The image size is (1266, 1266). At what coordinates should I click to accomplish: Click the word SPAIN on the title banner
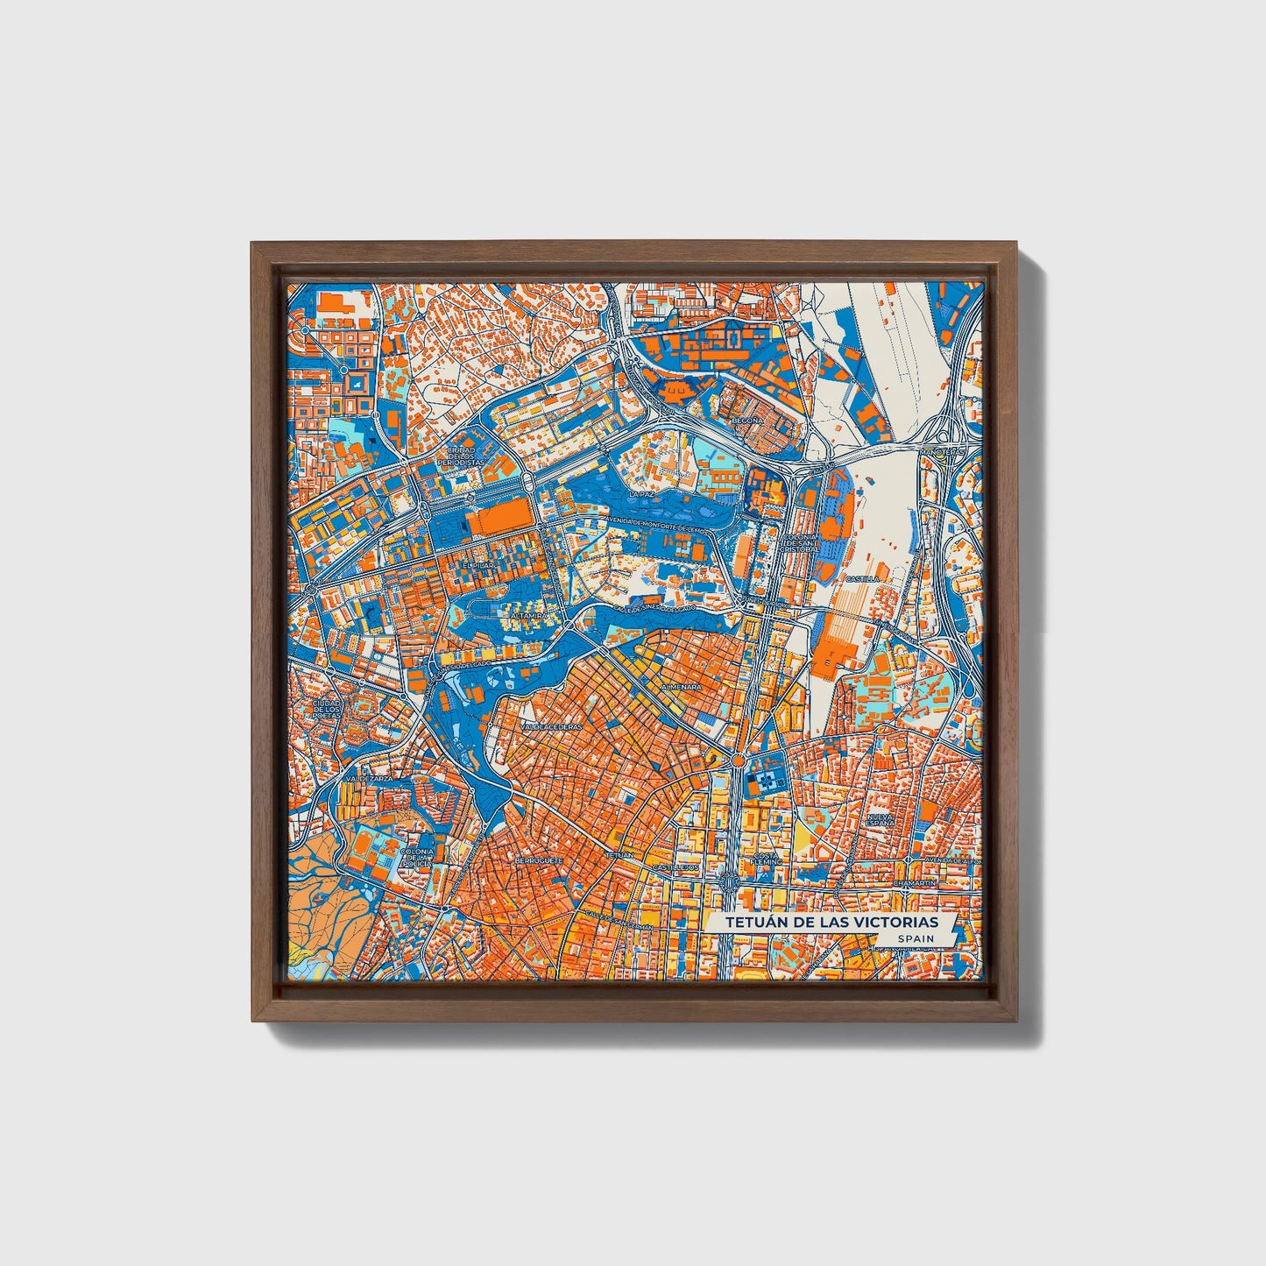tap(915, 938)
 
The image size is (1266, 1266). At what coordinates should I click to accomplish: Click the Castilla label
tap(861, 579)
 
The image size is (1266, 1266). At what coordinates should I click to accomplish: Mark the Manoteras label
tap(939, 452)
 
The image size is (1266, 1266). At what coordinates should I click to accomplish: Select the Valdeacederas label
tap(551, 727)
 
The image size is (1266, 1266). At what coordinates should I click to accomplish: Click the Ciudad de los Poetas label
tap(326, 710)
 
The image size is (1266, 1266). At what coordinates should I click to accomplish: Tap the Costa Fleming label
tap(766, 858)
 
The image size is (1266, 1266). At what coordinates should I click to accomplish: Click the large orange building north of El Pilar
tap(499, 521)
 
